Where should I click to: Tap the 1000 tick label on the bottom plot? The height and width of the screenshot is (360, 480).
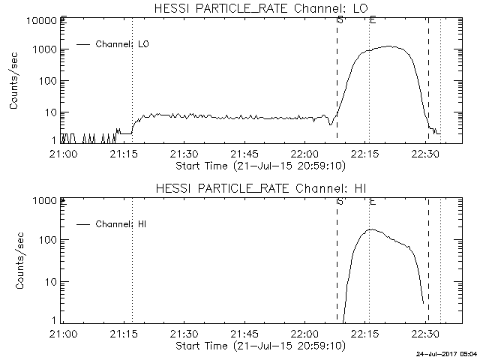click(x=43, y=201)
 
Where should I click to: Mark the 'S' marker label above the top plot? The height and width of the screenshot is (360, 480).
click(x=340, y=19)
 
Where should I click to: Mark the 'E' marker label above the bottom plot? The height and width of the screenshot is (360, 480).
click(x=373, y=201)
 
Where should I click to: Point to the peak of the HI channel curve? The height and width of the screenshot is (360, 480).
click(x=370, y=229)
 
